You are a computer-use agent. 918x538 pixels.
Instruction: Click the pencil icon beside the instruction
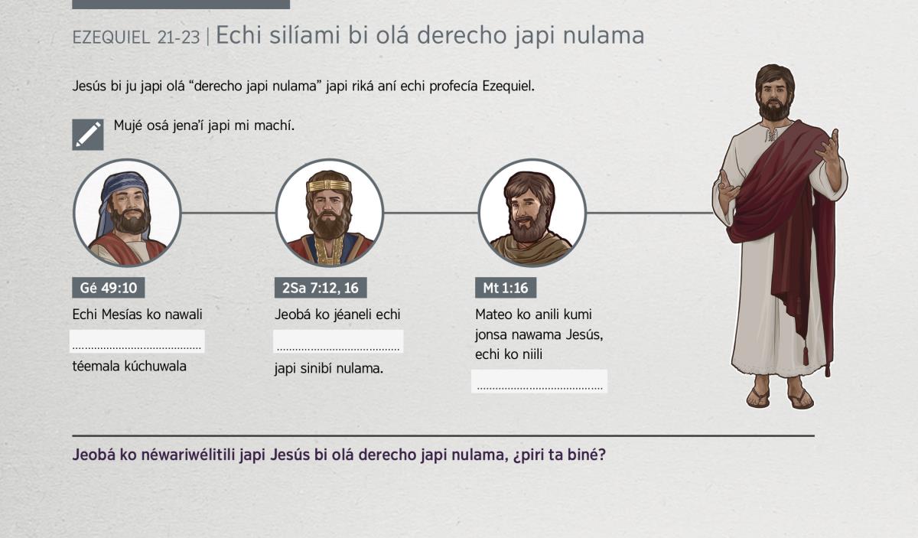(x=88, y=135)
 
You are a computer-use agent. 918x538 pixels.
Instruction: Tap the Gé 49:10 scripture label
(x=109, y=288)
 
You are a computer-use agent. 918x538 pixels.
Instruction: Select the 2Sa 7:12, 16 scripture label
(x=321, y=288)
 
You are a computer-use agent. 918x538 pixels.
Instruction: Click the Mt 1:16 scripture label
(x=506, y=288)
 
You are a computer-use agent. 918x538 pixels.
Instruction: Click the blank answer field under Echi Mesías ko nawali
(x=137, y=341)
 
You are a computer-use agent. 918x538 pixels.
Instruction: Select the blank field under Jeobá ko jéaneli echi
(x=338, y=341)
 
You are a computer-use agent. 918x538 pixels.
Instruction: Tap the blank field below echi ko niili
(x=539, y=381)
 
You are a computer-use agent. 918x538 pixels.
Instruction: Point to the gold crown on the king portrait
(x=329, y=185)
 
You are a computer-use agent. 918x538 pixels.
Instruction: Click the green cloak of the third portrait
(x=532, y=248)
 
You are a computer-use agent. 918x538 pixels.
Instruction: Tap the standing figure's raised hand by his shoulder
(x=828, y=148)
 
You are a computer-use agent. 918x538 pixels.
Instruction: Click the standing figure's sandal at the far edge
(x=801, y=399)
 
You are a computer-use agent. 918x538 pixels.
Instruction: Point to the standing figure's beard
(x=773, y=109)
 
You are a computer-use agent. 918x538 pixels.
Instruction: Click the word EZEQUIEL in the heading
(x=111, y=37)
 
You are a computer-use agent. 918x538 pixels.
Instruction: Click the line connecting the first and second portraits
(x=228, y=213)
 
